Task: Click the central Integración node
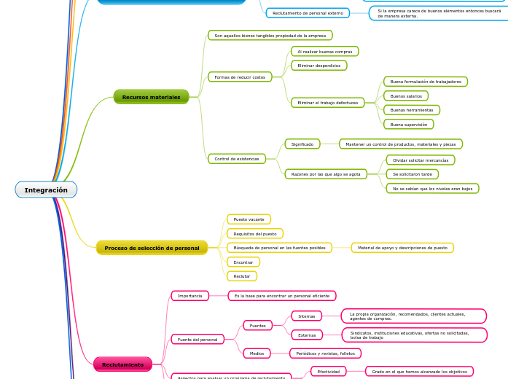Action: (46, 190)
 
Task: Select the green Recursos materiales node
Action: (151, 97)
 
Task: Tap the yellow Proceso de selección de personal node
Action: (152, 248)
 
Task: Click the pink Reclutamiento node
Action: (122, 364)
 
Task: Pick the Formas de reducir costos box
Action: (240, 77)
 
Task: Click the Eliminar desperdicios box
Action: (319, 66)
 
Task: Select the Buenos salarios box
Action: (406, 96)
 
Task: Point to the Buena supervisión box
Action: (408, 125)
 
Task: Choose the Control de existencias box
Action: (237, 158)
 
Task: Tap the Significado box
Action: (302, 144)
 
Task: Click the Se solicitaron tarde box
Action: (413, 174)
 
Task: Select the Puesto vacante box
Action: (249, 219)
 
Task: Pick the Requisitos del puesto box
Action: (255, 234)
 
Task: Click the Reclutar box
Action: (242, 276)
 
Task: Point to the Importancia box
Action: (190, 296)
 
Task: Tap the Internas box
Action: (307, 316)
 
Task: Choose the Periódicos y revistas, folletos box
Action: (326, 353)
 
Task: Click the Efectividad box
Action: (328, 372)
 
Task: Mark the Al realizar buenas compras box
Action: (325, 52)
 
